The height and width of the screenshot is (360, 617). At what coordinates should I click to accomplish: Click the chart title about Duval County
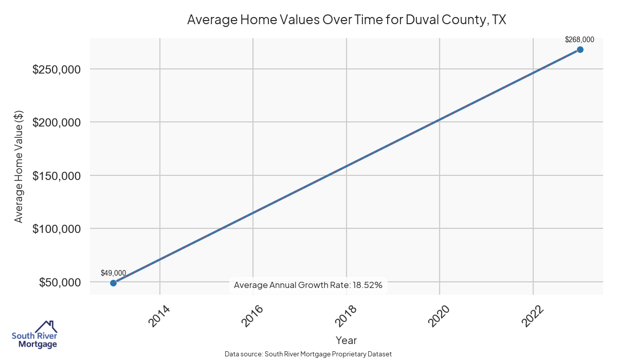(347, 20)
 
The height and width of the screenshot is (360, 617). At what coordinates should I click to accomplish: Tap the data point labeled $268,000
(580, 49)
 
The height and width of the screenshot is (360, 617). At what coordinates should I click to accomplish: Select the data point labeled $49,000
(113, 283)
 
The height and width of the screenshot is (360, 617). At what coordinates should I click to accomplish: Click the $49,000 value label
(113, 273)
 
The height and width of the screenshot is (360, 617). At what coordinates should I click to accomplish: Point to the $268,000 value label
(579, 39)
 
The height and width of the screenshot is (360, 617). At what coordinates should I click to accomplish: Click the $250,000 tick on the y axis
(56, 69)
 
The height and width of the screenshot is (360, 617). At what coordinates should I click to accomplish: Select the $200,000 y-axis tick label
(56, 122)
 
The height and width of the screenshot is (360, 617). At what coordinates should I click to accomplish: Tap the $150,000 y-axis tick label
(56, 176)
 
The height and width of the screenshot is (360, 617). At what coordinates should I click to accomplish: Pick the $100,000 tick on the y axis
(56, 229)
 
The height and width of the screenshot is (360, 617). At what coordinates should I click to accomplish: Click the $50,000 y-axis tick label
(59, 282)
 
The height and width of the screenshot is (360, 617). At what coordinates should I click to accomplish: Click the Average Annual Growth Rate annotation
(308, 285)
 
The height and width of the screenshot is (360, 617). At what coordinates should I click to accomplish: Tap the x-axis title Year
(346, 340)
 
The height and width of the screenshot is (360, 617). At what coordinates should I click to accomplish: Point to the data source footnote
(308, 354)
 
